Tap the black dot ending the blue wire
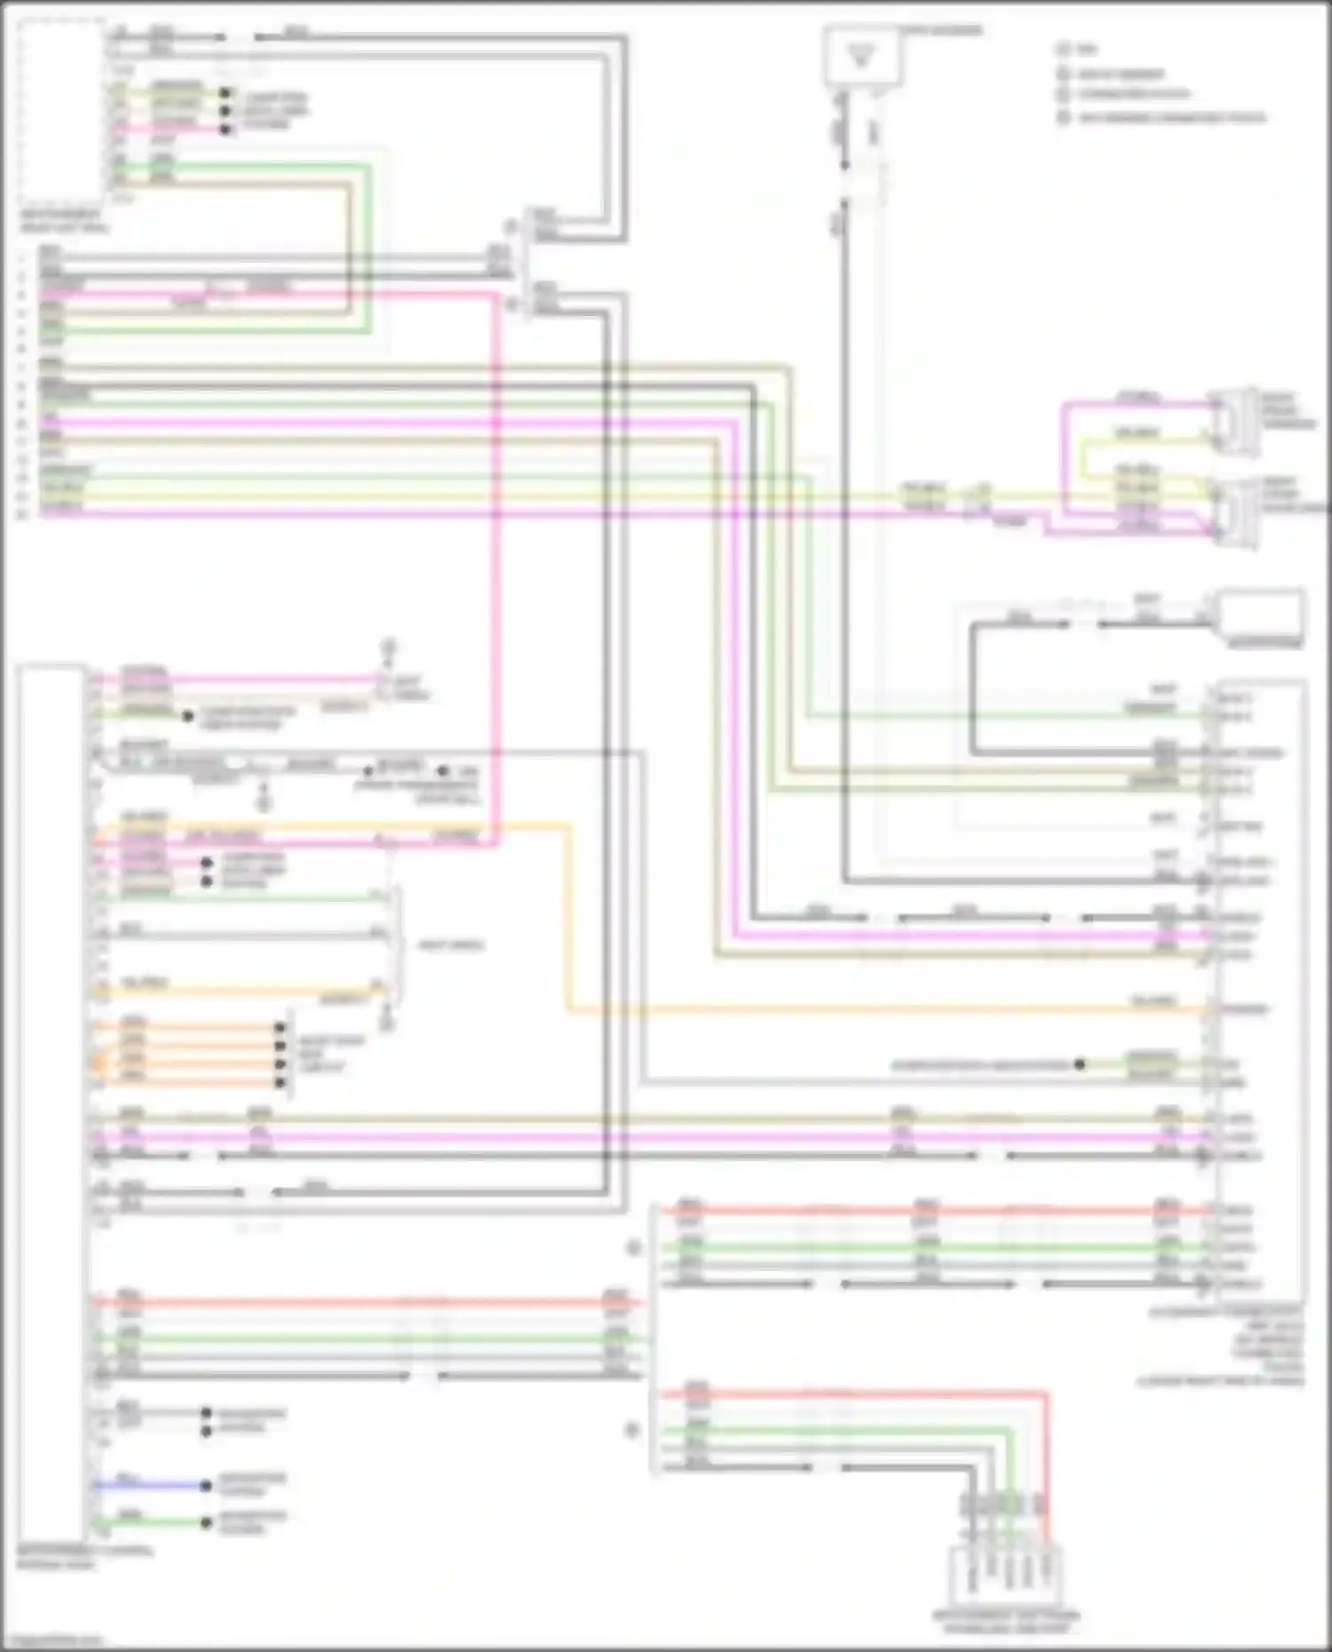[206, 1485]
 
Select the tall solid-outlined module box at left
[52, 1101]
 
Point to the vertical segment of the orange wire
[568, 914]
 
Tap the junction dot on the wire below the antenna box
[844, 165]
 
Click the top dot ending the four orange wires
[281, 1028]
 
